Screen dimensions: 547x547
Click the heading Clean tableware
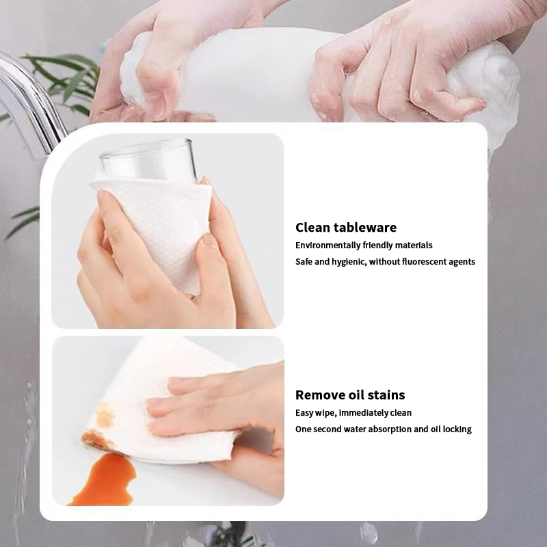click(346, 228)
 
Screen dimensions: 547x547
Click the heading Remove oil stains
click(350, 395)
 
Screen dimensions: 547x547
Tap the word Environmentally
click(328, 245)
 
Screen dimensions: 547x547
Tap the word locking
click(457, 429)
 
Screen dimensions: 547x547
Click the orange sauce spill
click(105, 480)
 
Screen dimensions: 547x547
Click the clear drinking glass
click(146, 159)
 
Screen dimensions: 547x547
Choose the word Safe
click(304, 262)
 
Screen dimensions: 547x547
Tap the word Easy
click(304, 413)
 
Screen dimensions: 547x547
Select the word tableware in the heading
click(365, 228)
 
